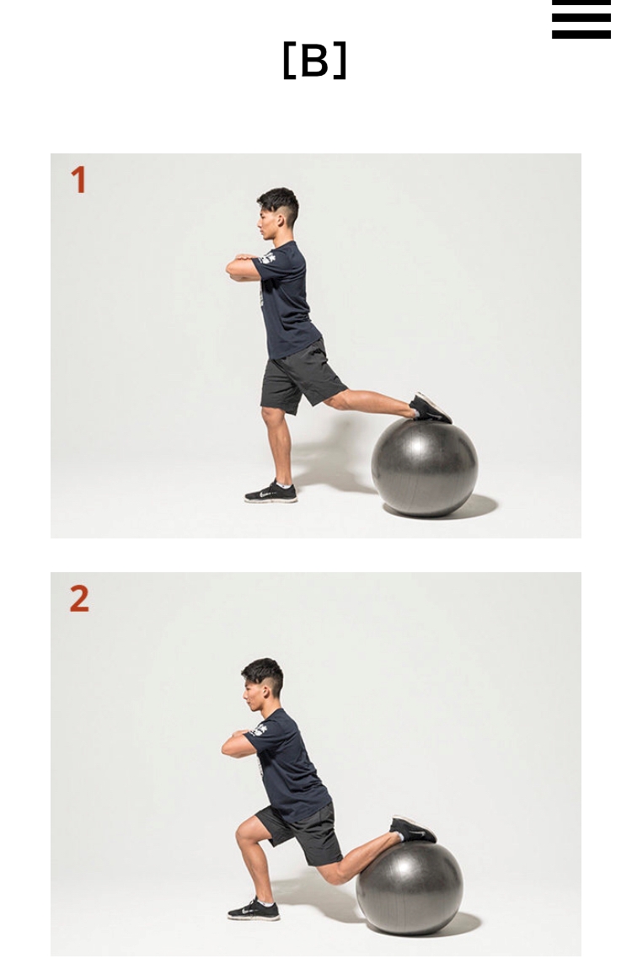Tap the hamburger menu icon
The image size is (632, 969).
coord(581,19)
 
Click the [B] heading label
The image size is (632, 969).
coord(314,61)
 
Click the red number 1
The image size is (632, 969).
coord(78,179)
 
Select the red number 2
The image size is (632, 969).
coord(79,598)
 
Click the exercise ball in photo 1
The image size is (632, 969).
coord(425,467)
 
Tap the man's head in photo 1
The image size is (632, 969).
coord(278,213)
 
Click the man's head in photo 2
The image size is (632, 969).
coord(263,684)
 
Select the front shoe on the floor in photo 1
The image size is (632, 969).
coord(270,493)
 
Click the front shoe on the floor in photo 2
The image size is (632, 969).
coord(254,910)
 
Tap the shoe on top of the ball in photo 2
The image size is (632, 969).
coord(413,829)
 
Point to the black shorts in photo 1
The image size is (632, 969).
coord(301,377)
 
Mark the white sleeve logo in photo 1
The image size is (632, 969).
coord(268,257)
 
